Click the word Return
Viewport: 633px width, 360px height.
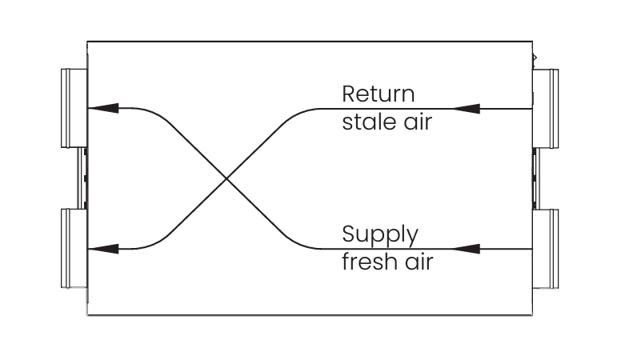click(x=379, y=94)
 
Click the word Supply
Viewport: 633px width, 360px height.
click(x=380, y=236)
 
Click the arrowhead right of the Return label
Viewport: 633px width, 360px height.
click(x=467, y=108)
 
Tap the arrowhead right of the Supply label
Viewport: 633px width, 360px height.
click(x=467, y=249)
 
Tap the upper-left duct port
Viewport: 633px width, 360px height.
click(x=74, y=108)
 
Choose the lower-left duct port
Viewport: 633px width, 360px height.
click(x=74, y=249)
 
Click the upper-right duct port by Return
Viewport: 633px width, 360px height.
click(x=547, y=108)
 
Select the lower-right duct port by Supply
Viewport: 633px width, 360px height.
click(x=547, y=249)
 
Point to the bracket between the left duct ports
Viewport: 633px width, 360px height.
click(x=82, y=178)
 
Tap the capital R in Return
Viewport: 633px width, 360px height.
click(x=349, y=94)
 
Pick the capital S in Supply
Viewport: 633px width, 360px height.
click(x=349, y=235)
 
